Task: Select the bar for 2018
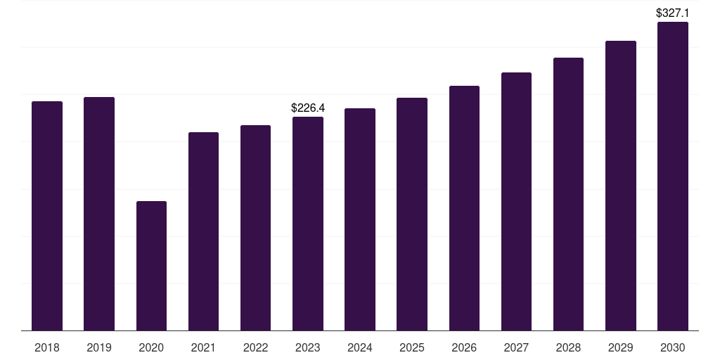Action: coord(47,216)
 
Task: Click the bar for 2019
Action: coord(99,214)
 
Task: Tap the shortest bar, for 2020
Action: coord(152,266)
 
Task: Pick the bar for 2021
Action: coord(203,231)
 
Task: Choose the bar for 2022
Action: coord(255,228)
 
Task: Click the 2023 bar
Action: coord(308,224)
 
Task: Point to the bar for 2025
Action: coord(412,214)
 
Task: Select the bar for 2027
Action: coord(516,202)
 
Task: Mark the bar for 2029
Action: coord(621,186)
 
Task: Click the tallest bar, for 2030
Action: coord(673,176)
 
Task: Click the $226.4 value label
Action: coord(308,108)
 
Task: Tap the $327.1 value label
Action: coord(673,13)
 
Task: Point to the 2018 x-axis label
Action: coord(47,347)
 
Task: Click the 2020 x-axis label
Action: coord(151,347)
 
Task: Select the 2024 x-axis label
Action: coord(359,347)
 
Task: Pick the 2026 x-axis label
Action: coord(464,347)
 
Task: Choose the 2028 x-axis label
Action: coord(568,347)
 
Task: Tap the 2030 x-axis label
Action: coord(673,347)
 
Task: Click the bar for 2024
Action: coord(360,219)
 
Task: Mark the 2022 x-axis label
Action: coord(255,347)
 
